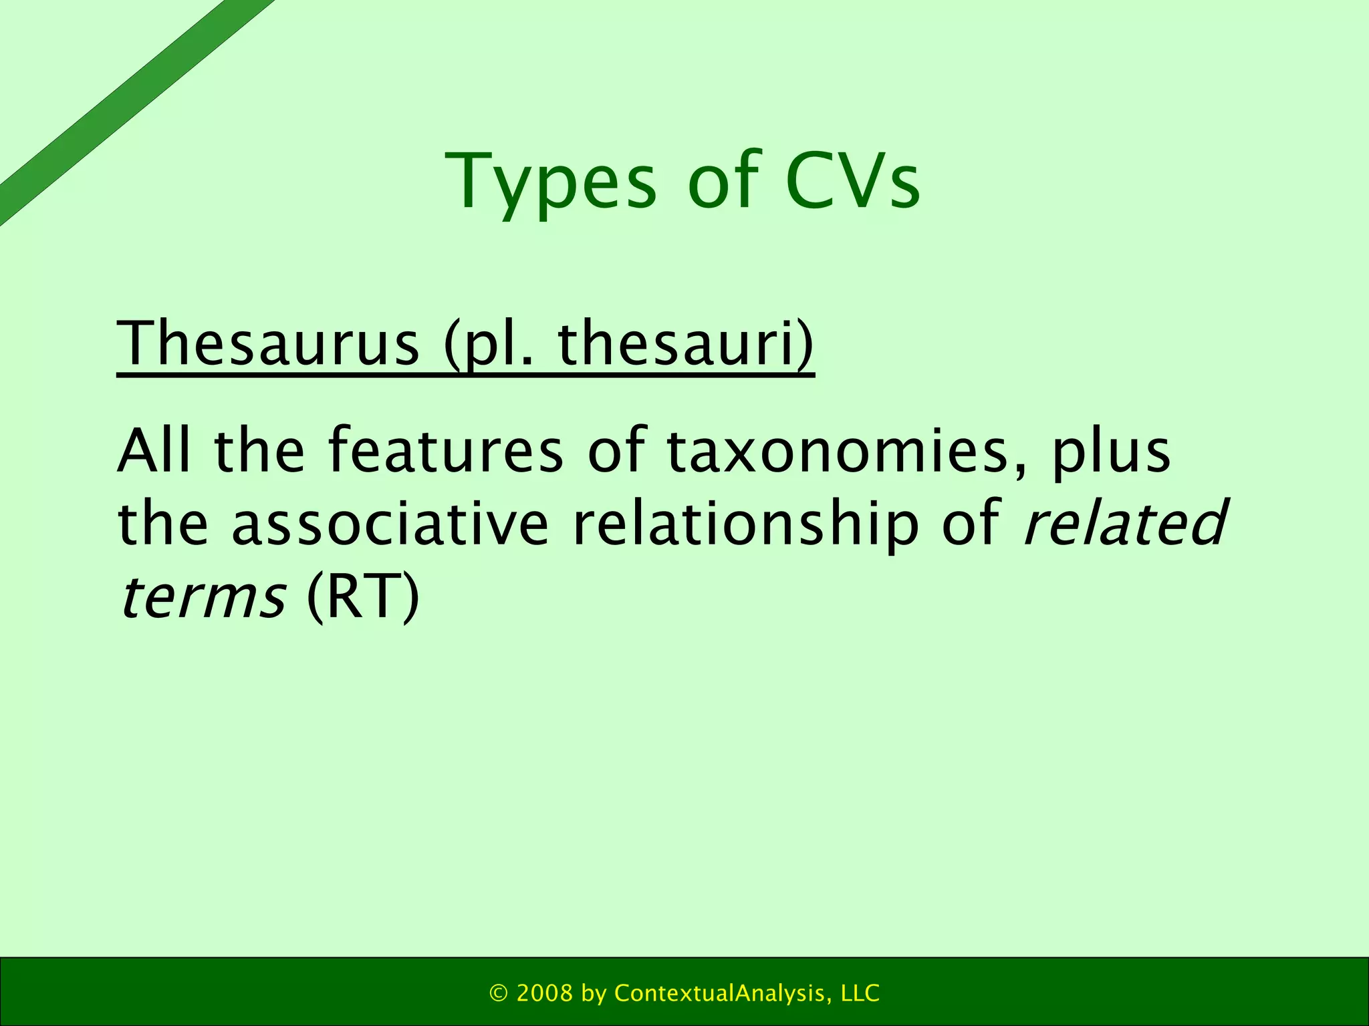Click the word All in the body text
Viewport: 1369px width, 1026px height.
coord(154,450)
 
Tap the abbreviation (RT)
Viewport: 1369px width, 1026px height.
coord(363,596)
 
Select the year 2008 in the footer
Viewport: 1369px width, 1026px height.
coord(545,993)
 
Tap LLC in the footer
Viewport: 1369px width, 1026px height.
coord(860,993)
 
